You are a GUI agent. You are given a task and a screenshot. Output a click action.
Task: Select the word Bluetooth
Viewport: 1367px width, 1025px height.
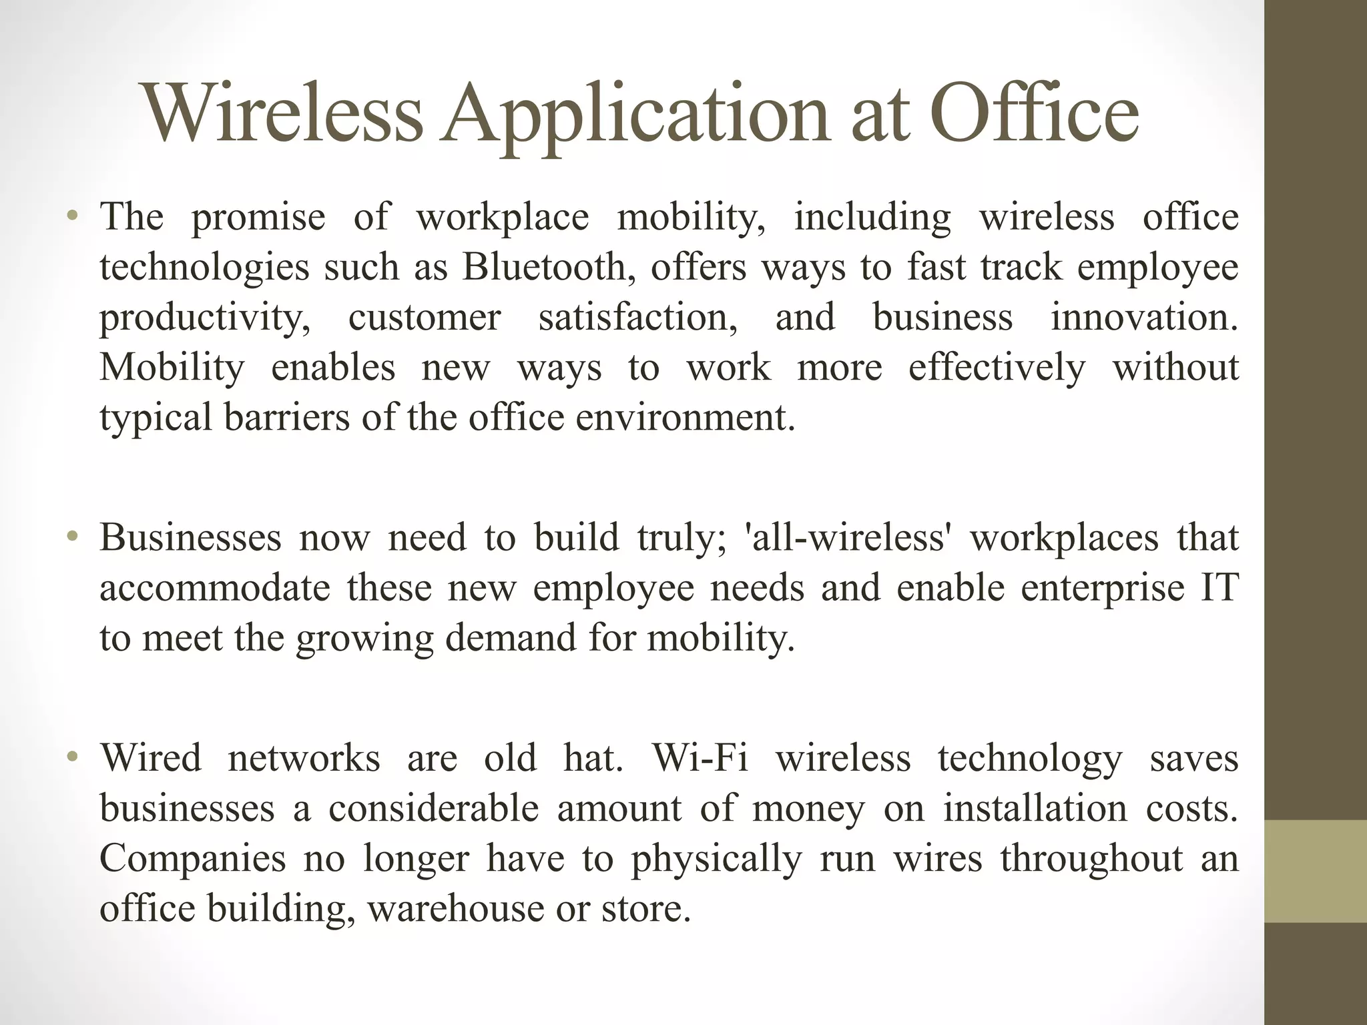click(544, 268)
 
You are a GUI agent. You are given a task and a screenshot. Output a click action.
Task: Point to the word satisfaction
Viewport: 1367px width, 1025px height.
click(637, 317)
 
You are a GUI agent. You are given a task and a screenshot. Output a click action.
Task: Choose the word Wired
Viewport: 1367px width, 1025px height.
click(150, 758)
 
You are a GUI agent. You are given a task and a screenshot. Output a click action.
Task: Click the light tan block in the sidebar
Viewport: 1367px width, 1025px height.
click(1315, 871)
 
